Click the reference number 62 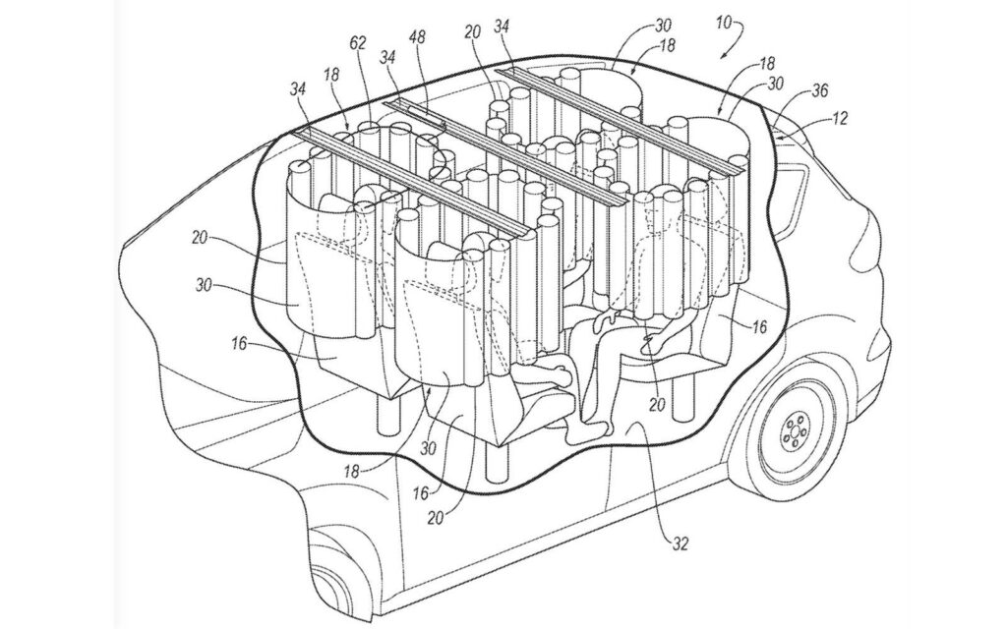358,43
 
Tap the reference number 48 417,36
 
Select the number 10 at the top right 723,24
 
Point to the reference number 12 839,118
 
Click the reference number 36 819,91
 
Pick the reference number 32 681,543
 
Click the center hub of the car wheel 796,432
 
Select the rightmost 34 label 503,26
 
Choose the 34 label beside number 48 386,56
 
